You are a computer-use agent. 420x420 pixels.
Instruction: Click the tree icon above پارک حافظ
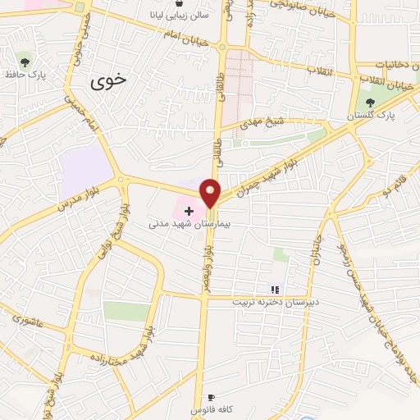click(25, 61)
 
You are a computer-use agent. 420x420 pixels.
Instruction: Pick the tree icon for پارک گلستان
click(370, 103)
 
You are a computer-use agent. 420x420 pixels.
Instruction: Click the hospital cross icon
click(189, 212)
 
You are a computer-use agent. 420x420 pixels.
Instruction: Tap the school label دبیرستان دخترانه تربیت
click(272, 301)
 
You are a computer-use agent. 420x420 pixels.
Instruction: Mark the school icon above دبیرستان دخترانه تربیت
click(276, 289)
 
